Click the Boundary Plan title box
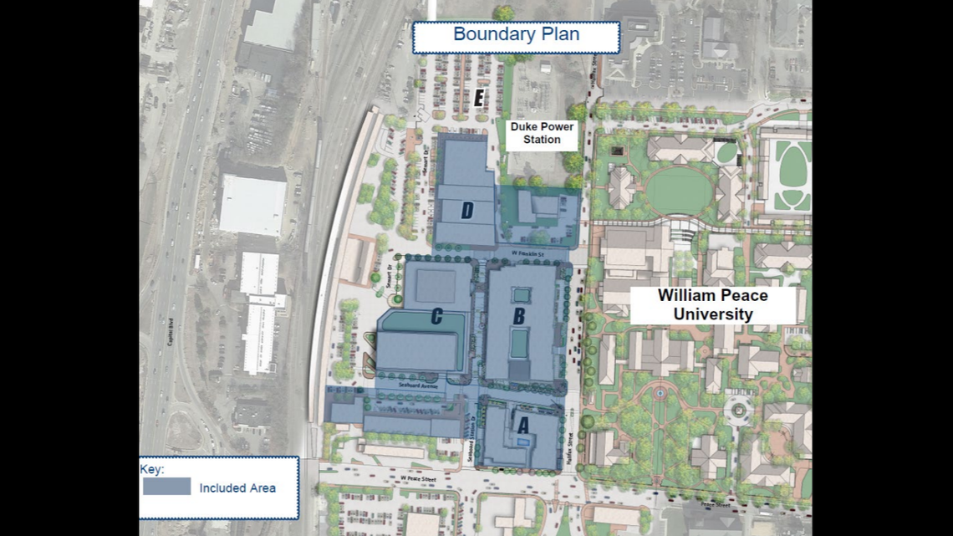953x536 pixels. point(516,35)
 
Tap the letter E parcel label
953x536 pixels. point(478,98)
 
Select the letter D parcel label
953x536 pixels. point(466,211)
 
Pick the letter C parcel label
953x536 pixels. point(436,316)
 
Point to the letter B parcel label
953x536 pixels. point(518,316)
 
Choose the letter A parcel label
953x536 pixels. point(523,425)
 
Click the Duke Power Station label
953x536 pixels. point(542,134)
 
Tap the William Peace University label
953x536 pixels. point(712,305)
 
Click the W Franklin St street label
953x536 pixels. point(528,252)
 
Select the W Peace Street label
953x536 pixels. point(419,478)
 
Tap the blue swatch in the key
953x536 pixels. point(166,487)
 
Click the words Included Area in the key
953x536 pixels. point(237,488)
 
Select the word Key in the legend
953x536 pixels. point(152,470)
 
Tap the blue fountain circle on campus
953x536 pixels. point(660,392)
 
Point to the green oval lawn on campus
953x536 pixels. point(677,191)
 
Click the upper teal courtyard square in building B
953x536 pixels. point(521,295)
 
